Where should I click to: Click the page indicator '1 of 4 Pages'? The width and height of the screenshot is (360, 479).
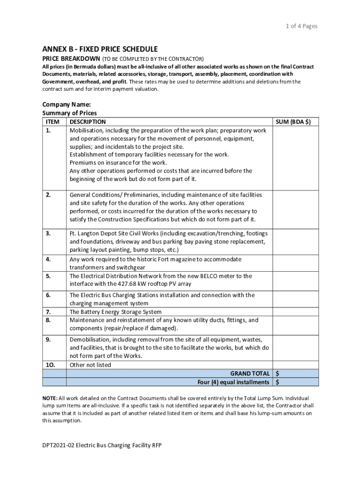pos(302,26)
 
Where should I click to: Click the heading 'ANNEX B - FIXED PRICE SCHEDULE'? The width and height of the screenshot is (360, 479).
pos(100,49)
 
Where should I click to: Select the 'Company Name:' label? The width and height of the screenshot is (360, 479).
pos(66,104)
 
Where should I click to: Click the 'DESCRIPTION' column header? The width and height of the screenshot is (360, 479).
pos(87,122)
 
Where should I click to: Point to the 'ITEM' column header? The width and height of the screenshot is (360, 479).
pos(53,122)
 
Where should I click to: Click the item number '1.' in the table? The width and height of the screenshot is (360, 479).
pos(48,131)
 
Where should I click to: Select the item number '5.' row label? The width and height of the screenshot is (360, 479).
pos(48,276)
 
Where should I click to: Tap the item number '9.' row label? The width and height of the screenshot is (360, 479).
pos(48,339)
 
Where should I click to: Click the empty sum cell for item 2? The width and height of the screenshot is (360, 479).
pos(295,207)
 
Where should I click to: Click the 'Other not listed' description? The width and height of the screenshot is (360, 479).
pos(91,365)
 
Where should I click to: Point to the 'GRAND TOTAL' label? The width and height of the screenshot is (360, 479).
pos(250,373)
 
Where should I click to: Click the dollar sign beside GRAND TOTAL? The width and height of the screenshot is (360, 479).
pos(278,373)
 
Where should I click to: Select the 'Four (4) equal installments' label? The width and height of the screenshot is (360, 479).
pos(233,382)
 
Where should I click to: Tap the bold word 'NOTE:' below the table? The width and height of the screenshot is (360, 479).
pos(50,398)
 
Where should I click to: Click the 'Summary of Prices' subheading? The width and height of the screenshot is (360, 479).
pos(69,113)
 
